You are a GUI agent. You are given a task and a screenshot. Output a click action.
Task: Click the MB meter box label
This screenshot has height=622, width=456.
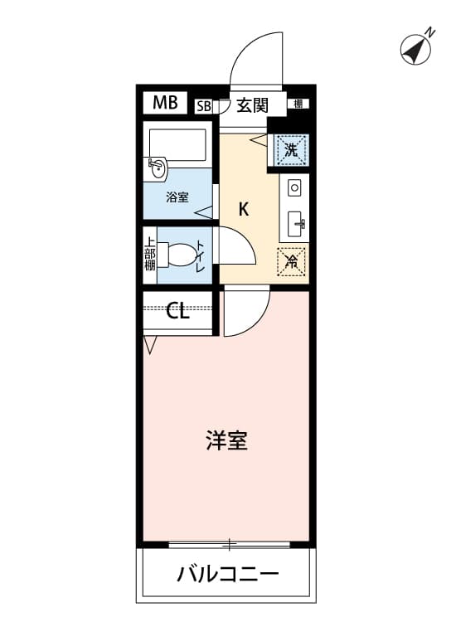165,103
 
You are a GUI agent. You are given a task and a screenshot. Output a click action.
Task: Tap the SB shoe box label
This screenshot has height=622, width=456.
204,106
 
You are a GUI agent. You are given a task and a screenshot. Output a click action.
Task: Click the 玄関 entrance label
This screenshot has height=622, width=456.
252,105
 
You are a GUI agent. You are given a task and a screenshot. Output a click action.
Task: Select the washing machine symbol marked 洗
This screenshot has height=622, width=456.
292,150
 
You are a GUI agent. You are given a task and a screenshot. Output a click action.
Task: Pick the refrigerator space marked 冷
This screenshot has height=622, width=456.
292,262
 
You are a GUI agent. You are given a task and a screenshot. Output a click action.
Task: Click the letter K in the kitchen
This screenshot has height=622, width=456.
244,209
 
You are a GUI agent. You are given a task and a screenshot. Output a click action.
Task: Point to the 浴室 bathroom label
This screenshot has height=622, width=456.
177,197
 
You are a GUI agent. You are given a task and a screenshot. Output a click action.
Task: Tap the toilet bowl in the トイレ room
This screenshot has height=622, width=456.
182,256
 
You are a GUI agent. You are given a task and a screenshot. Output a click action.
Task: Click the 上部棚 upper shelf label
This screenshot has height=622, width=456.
149,254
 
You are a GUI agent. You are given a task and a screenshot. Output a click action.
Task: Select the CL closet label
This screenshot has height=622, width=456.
177,311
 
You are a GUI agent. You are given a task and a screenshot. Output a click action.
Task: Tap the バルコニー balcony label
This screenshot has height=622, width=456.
227,574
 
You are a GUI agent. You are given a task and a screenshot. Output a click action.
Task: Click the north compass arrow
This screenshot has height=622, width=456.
415,50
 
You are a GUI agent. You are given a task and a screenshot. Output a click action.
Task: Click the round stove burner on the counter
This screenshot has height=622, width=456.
294,187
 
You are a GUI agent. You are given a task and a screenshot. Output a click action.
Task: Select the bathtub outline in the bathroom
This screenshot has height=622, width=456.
177,145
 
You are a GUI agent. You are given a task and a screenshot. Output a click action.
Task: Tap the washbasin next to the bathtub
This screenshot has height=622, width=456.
156,169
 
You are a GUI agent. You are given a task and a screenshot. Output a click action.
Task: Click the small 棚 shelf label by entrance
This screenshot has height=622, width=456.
298,104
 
